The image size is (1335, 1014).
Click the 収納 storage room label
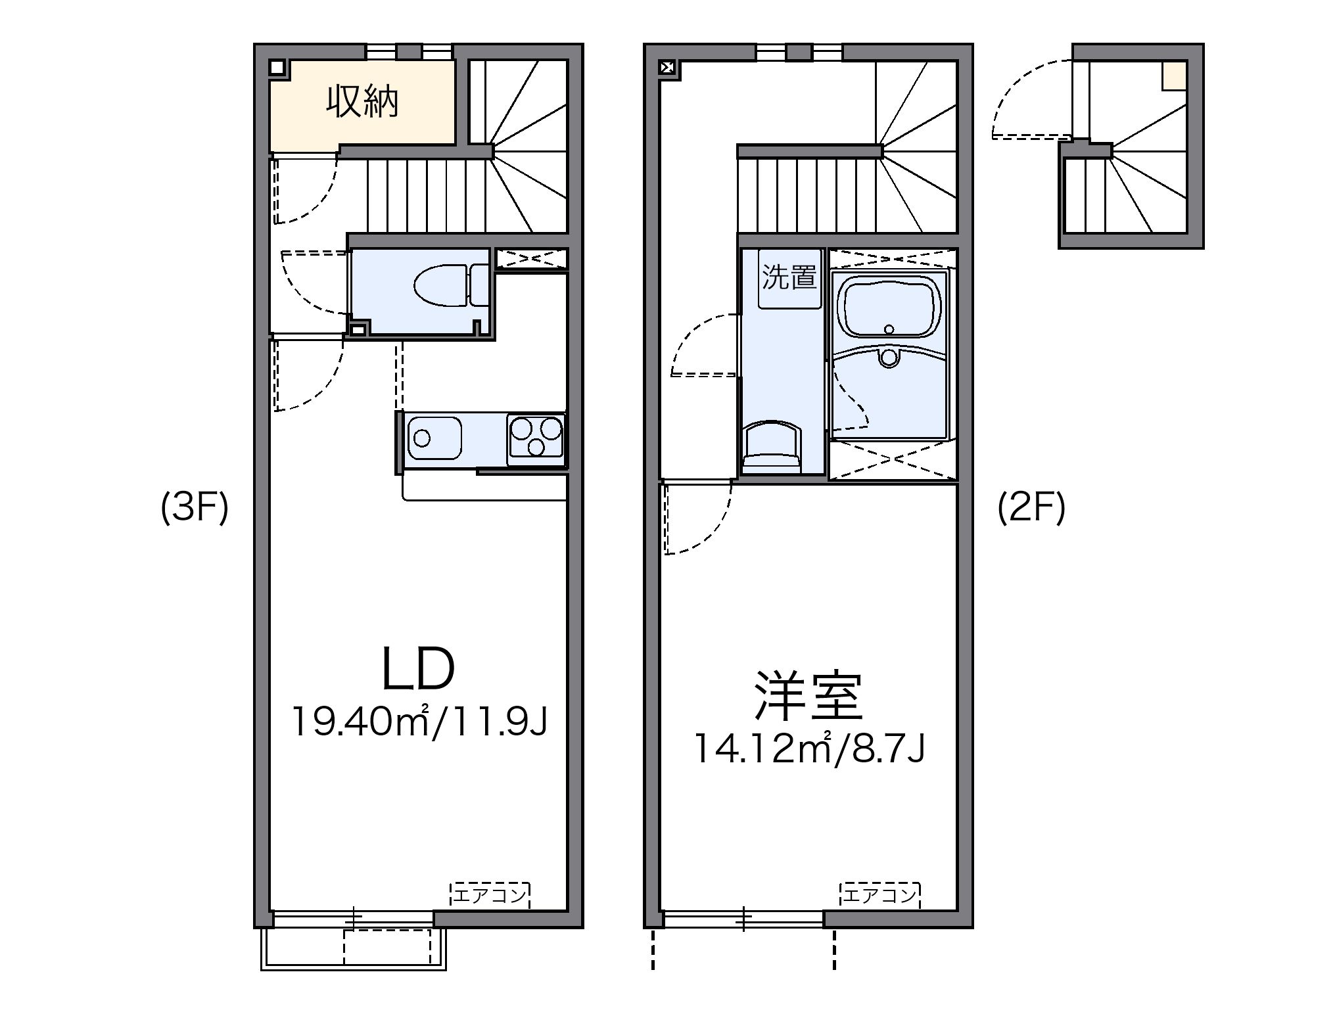click(x=363, y=103)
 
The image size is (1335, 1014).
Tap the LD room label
click(x=419, y=670)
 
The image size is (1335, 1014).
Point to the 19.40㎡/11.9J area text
click(x=419, y=722)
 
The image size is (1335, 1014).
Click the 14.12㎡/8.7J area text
click(x=810, y=749)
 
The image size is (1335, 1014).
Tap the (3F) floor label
click(x=195, y=509)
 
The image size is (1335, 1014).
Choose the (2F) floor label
click(x=1031, y=509)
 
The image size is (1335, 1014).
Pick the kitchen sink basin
click(x=434, y=437)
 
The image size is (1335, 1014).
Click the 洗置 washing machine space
click(x=789, y=278)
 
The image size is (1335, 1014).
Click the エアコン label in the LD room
click(x=490, y=894)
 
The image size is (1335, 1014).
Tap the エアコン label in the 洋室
click(x=879, y=894)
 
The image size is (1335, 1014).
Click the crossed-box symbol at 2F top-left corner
click(x=668, y=67)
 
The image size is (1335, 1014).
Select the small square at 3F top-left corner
click(x=277, y=67)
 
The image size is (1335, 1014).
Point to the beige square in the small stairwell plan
click(x=1173, y=75)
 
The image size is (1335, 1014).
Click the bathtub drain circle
click(x=889, y=329)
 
